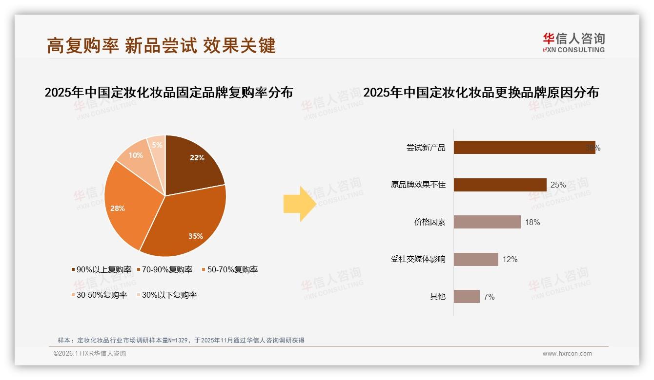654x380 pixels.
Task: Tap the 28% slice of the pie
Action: (x=124, y=205)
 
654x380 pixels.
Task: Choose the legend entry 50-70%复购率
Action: (x=229, y=269)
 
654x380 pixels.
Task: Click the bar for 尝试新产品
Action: (x=524, y=148)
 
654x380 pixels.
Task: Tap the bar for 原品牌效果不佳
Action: (x=500, y=185)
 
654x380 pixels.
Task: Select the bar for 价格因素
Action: (x=487, y=222)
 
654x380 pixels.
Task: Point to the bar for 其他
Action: (x=467, y=296)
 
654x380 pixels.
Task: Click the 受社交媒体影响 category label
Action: (x=418, y=259)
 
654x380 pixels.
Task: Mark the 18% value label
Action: (x=532, y=222)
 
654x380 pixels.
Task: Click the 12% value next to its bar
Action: (x=510, y=259)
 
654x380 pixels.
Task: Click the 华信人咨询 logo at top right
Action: (x=573, y=42)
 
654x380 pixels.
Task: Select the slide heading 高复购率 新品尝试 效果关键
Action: (x=162, y=45)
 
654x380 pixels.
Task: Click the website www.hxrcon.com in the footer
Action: (x=567, y=354)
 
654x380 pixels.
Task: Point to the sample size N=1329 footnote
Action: (x=181, y=340)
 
